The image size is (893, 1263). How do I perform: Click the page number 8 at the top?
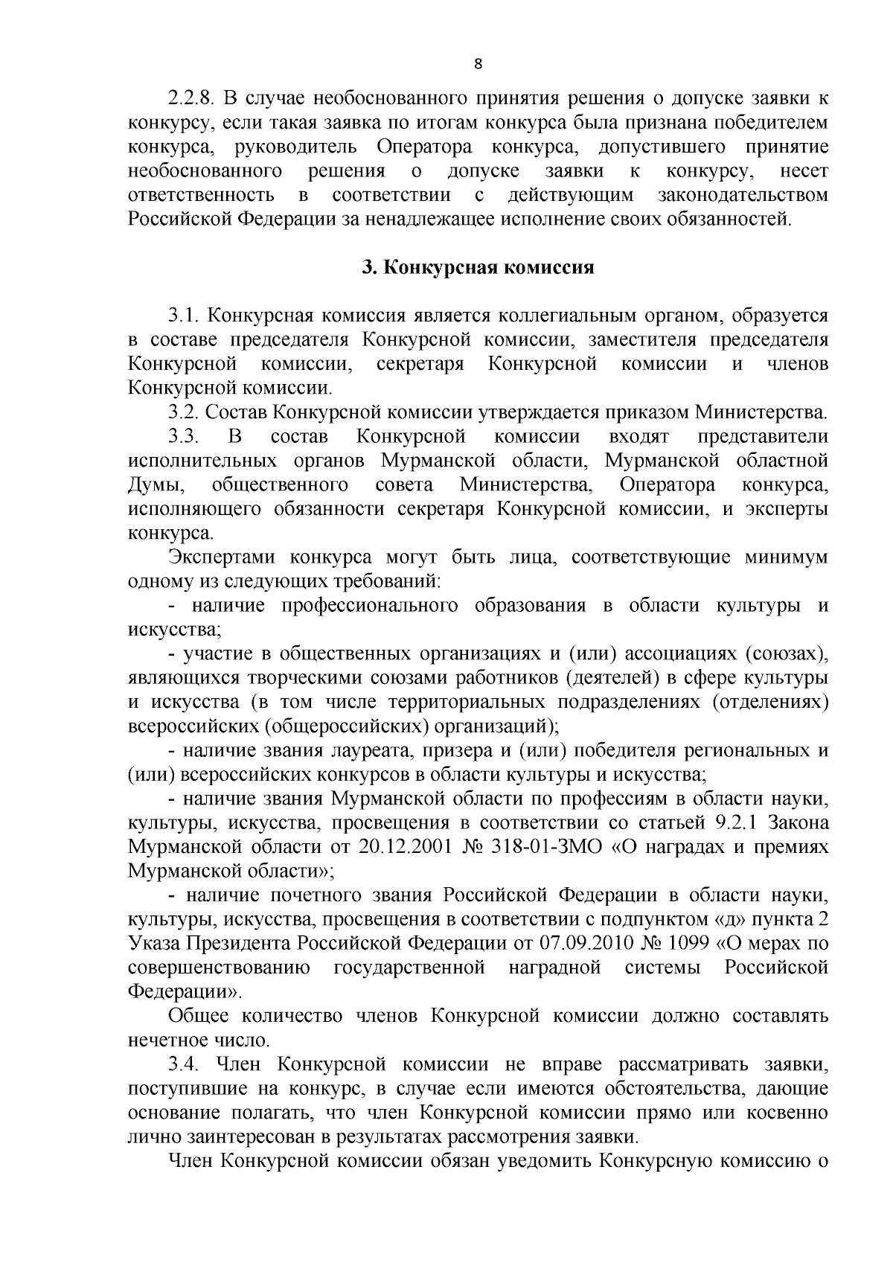478,64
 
